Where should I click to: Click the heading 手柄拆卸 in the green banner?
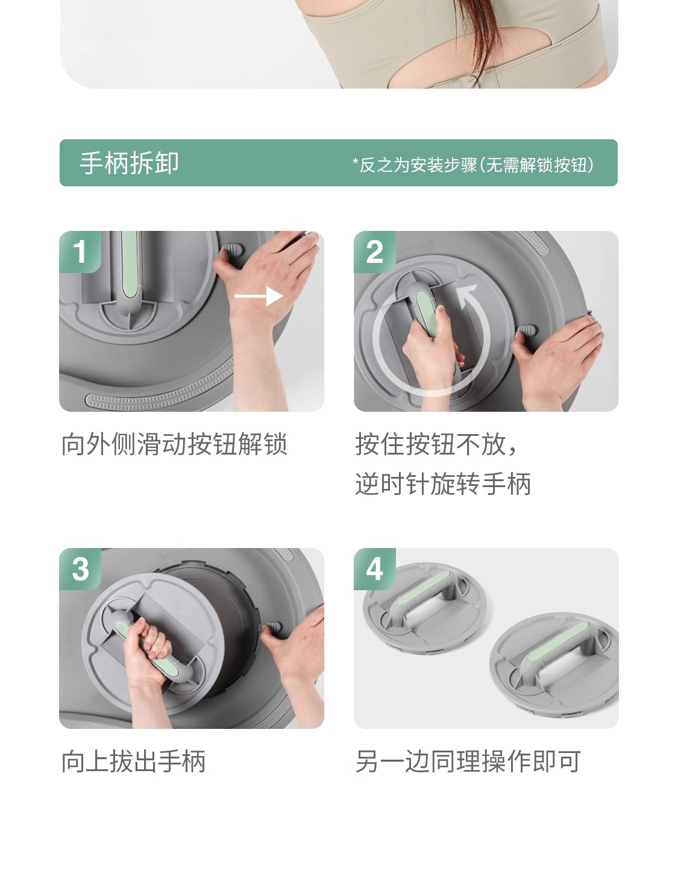pos(129,163)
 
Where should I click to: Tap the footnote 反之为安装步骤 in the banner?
pos(418,165)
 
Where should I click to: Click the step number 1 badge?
pos(80,251)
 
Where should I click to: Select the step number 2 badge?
pos(375,251)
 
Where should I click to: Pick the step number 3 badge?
pos(80,569)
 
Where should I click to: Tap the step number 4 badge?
pos(375,569)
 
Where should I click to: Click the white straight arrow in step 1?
pos(258,297)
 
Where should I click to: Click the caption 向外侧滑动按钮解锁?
pos(174,444)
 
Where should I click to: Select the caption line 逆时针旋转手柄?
pos(443,484)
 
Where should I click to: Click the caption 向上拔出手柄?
pos(133,761)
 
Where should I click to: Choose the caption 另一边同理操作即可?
pos(468,761)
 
